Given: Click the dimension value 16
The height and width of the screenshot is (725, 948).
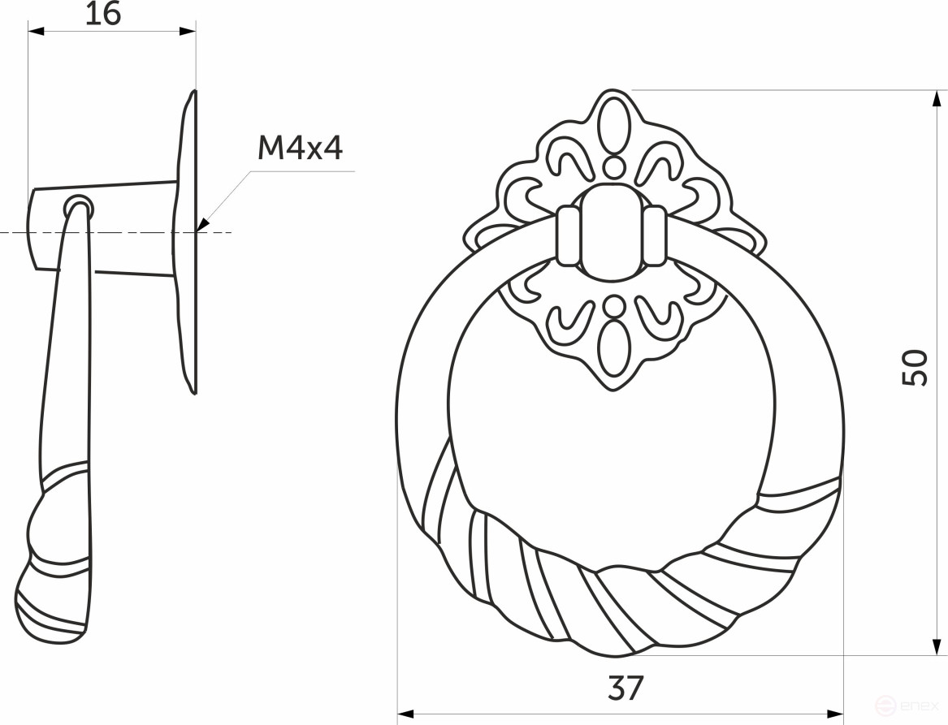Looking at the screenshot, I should click(x=102, y=14).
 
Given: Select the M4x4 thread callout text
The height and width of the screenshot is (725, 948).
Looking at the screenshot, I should click(x=300, y=149).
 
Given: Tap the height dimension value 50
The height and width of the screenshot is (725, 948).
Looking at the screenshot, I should click(x=916, y=368).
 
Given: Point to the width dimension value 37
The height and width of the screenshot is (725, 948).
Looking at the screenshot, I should click(x=625, y=688).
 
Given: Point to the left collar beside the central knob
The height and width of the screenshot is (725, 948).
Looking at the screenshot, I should click(x=569, y=235).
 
